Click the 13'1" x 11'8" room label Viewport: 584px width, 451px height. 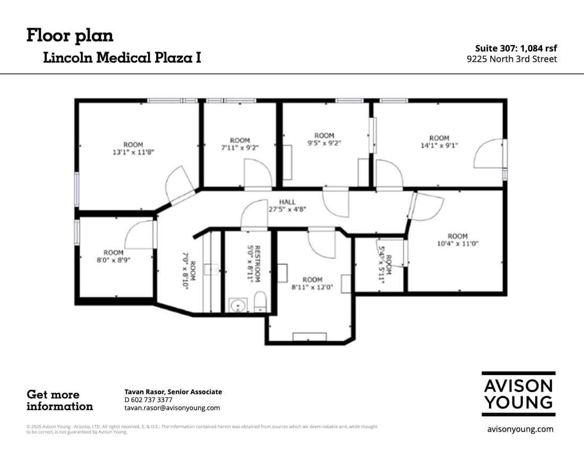pos(133,149)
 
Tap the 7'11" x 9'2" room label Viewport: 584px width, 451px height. pos(239,144)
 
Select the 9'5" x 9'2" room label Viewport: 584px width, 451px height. pos(324,140)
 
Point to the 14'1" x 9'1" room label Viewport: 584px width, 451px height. pos(439,142)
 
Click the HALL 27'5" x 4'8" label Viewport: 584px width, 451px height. pos(287,205)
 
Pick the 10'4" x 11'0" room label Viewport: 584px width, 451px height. pos(457,240)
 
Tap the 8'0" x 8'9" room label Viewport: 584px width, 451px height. pos(113,256)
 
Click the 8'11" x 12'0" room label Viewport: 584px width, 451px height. pos(312,283)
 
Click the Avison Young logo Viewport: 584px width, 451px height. pos(519,394)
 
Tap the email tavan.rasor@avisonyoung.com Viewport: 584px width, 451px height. pos(172,408)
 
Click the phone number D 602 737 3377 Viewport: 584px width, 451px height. pos(148,400)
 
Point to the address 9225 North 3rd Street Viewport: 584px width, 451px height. pos(512,59)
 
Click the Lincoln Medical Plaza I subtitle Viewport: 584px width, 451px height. pos(122,58)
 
